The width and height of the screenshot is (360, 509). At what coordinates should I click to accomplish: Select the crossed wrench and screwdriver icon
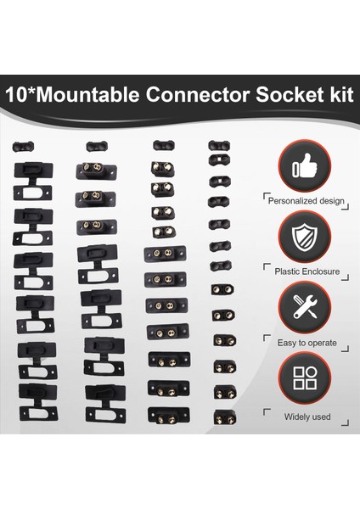click(x=305, y=306)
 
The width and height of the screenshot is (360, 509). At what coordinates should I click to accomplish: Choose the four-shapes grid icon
click(x=305, y=378)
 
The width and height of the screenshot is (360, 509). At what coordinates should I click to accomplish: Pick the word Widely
click(x=295, y=417)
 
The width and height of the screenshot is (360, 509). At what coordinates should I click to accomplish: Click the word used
click(x=321, y=417)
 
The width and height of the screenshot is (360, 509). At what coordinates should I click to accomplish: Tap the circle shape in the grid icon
click(x=312, y=371)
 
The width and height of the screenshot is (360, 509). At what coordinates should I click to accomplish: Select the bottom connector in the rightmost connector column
click(x=224, y=417)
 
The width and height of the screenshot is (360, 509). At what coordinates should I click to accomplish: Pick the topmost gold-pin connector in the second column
click(x=95, y=170)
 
